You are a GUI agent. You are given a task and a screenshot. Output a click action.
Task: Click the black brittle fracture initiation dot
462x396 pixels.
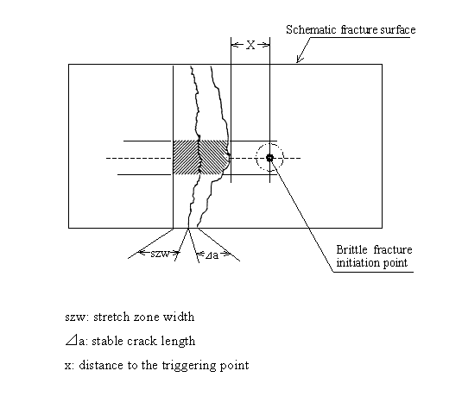point(270,158)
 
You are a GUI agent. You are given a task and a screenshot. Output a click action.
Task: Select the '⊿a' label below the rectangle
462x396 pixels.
point(211,255)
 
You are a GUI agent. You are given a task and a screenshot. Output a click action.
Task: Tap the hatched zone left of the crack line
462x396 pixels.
point(186,158)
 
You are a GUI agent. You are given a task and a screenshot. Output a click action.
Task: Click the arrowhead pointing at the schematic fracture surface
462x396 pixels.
point(298,61)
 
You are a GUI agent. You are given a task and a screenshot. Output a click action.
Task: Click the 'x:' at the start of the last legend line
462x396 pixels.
point(69,365)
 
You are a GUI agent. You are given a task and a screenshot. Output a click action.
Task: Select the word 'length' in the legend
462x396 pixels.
point(178,341)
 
